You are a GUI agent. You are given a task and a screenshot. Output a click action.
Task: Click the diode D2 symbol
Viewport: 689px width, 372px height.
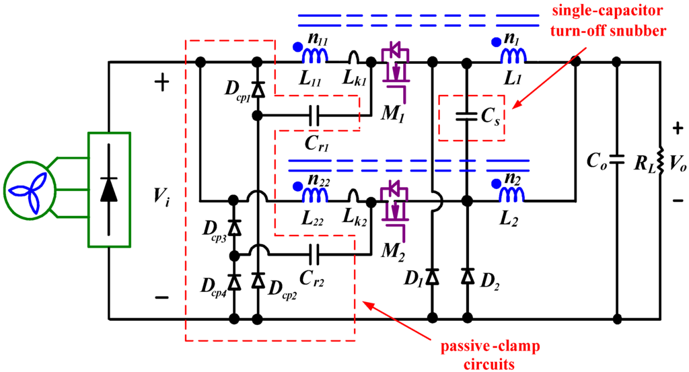466,276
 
